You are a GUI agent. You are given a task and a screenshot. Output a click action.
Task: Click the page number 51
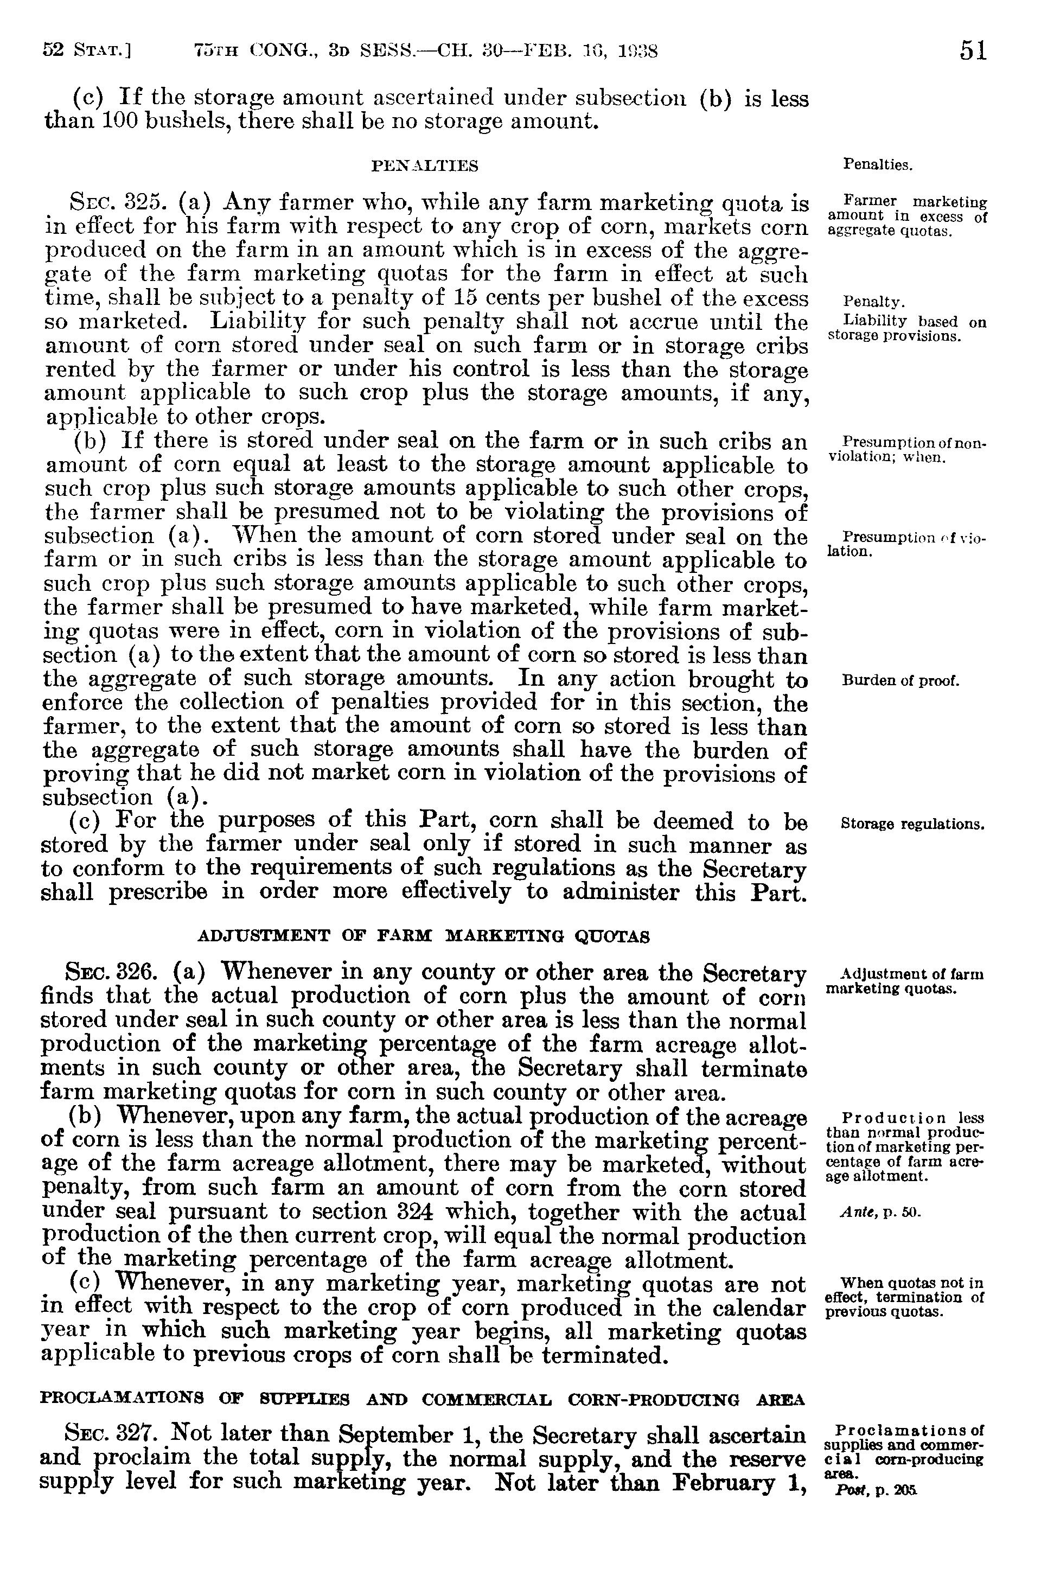click(x=973, y=51)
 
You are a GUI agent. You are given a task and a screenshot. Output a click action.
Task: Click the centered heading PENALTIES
click(x=425, y=166)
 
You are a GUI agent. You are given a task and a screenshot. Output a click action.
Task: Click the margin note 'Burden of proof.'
click(x=901, y=681)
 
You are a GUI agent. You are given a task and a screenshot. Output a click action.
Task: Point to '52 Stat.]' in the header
click(x=86, y=51)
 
